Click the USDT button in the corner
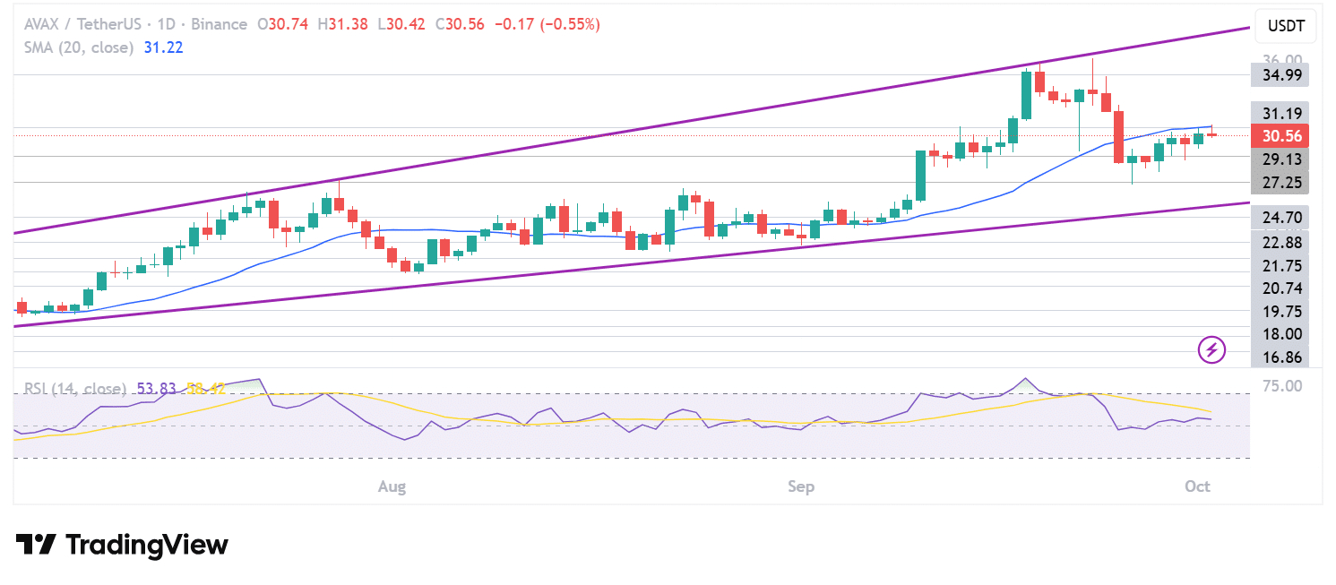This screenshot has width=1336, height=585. click(x=1286, y=27)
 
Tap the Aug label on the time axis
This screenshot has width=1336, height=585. click(x=392, y=486)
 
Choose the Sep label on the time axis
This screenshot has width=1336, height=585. click(x=801, y=486)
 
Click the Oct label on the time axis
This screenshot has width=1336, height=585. click(x=1197, y=486)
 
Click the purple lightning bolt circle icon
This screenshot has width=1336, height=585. click(x=1212, y=349)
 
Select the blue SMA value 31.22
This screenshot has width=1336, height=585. click(x=163, y=47)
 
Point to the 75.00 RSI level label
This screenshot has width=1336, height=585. click(x=1284, y=386)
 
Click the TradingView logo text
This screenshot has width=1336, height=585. click(x=122, y=545)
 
